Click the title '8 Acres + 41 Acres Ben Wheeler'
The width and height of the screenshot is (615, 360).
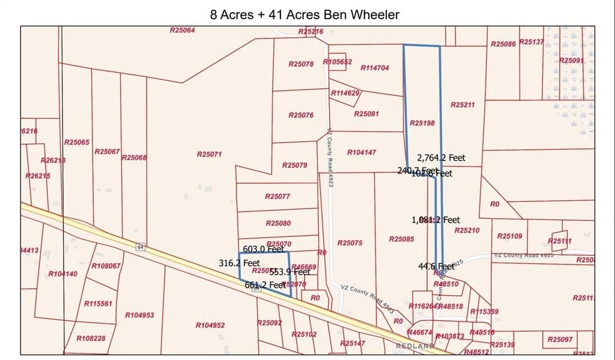point(304,14)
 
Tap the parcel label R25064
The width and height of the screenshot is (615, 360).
point(183,30)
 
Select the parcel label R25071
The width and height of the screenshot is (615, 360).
point(210,154)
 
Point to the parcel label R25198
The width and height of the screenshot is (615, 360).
point(422,123)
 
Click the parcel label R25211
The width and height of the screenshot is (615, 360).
point(462,105)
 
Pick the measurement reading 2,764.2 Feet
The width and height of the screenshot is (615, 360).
point(441,158)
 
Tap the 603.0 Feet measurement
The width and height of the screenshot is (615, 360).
point(263,249)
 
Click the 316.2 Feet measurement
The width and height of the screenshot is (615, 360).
point(240,263)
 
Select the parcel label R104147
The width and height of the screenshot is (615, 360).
point(362,153)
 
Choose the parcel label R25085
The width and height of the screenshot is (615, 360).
point(401,239)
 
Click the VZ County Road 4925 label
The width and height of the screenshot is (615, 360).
point(523,255)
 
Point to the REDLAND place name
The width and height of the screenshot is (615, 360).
point(415,347)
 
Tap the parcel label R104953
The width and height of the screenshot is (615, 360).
point(139,316)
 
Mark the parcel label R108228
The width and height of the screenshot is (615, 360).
point(91,339)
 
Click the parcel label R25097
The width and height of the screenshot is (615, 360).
point(560,340)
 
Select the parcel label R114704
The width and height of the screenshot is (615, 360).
point(375,68)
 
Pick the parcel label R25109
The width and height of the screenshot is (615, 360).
point(510,236)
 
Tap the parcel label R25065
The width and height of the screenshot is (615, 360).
point(77,142)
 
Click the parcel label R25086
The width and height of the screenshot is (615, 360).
point(503,44)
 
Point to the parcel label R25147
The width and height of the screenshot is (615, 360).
point(353,343)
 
